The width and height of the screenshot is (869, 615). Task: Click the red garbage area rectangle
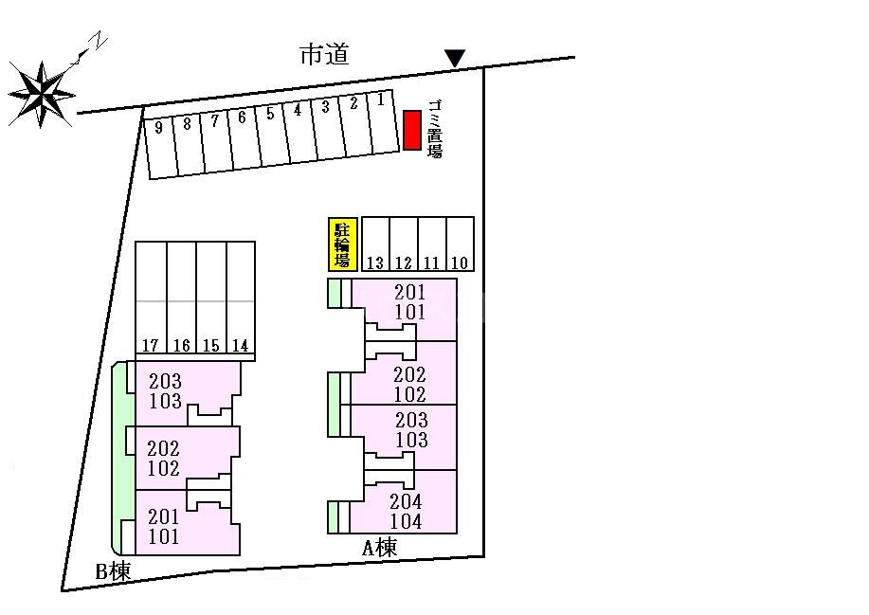coord(412,130)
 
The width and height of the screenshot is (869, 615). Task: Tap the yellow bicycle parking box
coord(342,244)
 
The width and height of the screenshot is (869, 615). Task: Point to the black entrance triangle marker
coord(455,58)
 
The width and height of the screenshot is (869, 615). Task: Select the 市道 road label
coord(325,54)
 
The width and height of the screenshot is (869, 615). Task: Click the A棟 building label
coord(380,548)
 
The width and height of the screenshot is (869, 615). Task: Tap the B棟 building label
coord(113,571)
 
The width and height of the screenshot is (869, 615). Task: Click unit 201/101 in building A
coord(409,302)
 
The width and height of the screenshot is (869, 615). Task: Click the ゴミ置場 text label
coord(435,130)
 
